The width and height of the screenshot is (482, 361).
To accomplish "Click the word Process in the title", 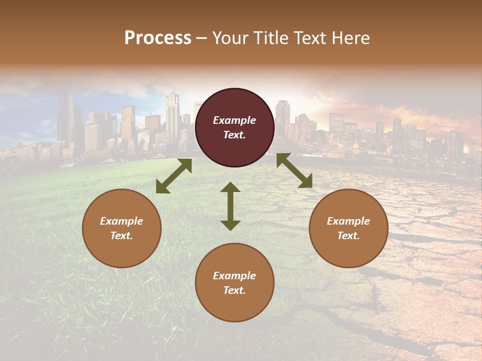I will click(x=158, y=38).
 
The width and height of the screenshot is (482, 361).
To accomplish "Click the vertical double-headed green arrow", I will click(x=230, y=206).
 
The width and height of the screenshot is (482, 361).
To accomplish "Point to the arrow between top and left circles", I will click(x=174, y=176).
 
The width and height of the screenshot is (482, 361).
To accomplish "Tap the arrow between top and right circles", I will click(x=294, y=170).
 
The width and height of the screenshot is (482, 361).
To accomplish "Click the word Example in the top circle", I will click(x=234, y=120).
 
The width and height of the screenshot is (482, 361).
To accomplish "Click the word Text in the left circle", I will click(x=121, y=236).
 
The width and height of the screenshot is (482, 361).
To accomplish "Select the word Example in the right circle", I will click(x=348, y=221).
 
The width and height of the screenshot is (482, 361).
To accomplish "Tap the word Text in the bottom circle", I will click(x=234, y=290).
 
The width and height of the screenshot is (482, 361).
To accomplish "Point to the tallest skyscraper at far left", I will click(x=65, y=118).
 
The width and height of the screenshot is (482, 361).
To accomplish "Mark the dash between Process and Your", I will click(x=202, y=39).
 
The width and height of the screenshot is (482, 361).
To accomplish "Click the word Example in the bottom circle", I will click(x=234, y=276).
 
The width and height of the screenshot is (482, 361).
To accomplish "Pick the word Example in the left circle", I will click(x=122, y=221).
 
